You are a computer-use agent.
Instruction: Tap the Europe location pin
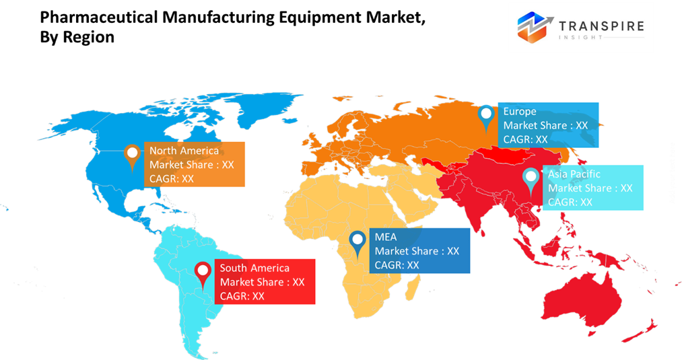pyautogui.click(x=486, y=116)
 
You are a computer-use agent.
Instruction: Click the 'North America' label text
pyautogui.click(x=184, y=151)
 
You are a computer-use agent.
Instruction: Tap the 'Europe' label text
pyautogui.click(x=520, y=112)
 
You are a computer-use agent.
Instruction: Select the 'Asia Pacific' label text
pyautogui.click(x=574, y=174)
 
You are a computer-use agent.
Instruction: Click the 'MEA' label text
pyautogui.click(x=386, y=237)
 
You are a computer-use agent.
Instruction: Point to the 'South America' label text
pyautogui.click(x=254, y=268)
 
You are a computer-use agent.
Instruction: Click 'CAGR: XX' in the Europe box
pyautogui.click(x=526, y=139)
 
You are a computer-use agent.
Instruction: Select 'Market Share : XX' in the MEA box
pyautogui.click(x=417, y=251)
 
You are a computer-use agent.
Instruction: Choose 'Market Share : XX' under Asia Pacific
pyautogui.click(x=590, y=188)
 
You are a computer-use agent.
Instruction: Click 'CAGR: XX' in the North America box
pyautogui.click(x=172, y=179)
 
